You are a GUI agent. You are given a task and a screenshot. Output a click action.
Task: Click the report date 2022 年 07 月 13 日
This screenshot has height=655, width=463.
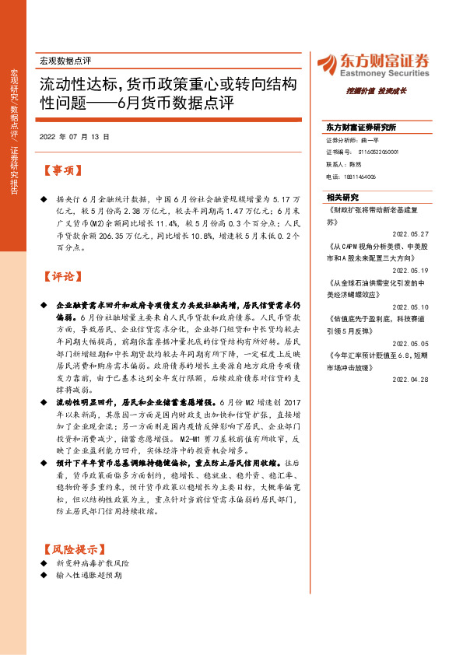click(74, 136)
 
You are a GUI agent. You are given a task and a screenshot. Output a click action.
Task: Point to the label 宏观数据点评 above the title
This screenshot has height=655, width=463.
click(65, 60)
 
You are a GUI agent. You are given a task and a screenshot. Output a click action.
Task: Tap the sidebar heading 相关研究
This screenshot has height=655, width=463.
click(343, 197)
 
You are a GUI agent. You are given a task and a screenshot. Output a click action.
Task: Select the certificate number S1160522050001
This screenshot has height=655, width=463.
click(369, 152)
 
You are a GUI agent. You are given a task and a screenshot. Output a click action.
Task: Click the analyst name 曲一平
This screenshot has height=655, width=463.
click(367, 140)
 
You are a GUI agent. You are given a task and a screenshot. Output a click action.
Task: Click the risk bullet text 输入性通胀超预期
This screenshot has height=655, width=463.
click(89, 576)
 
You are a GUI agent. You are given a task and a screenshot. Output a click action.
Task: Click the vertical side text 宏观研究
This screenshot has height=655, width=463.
click(14, 81)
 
